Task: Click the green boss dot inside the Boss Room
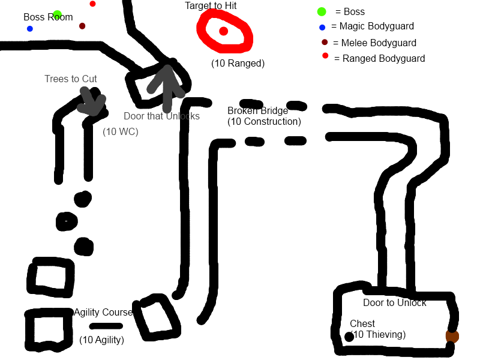tap(57, 14)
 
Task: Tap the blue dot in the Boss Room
tap(29, 29)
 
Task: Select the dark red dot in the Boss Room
tap(82, 26)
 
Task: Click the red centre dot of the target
tap(223, 31)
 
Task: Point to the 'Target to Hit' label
tap(211, 5)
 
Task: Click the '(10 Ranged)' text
tap(238, 64)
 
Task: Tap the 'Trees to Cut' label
tap(71, 79)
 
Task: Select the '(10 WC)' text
tap(121, 131)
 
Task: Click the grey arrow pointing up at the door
tap(167, 89)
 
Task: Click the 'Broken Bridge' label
tap(258, 110)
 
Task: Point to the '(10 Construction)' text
tap(264, 122)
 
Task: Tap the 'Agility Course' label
tap(103, 312)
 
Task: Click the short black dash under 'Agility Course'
tap(106, 326)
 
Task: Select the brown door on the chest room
tap(452, 336)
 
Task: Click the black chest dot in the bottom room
tap(349, 337)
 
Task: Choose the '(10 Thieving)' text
tap(379, 334)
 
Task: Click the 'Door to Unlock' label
tap(395, 303)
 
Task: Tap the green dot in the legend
tap(322, 11)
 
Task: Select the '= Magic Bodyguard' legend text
tap(373, 26)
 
